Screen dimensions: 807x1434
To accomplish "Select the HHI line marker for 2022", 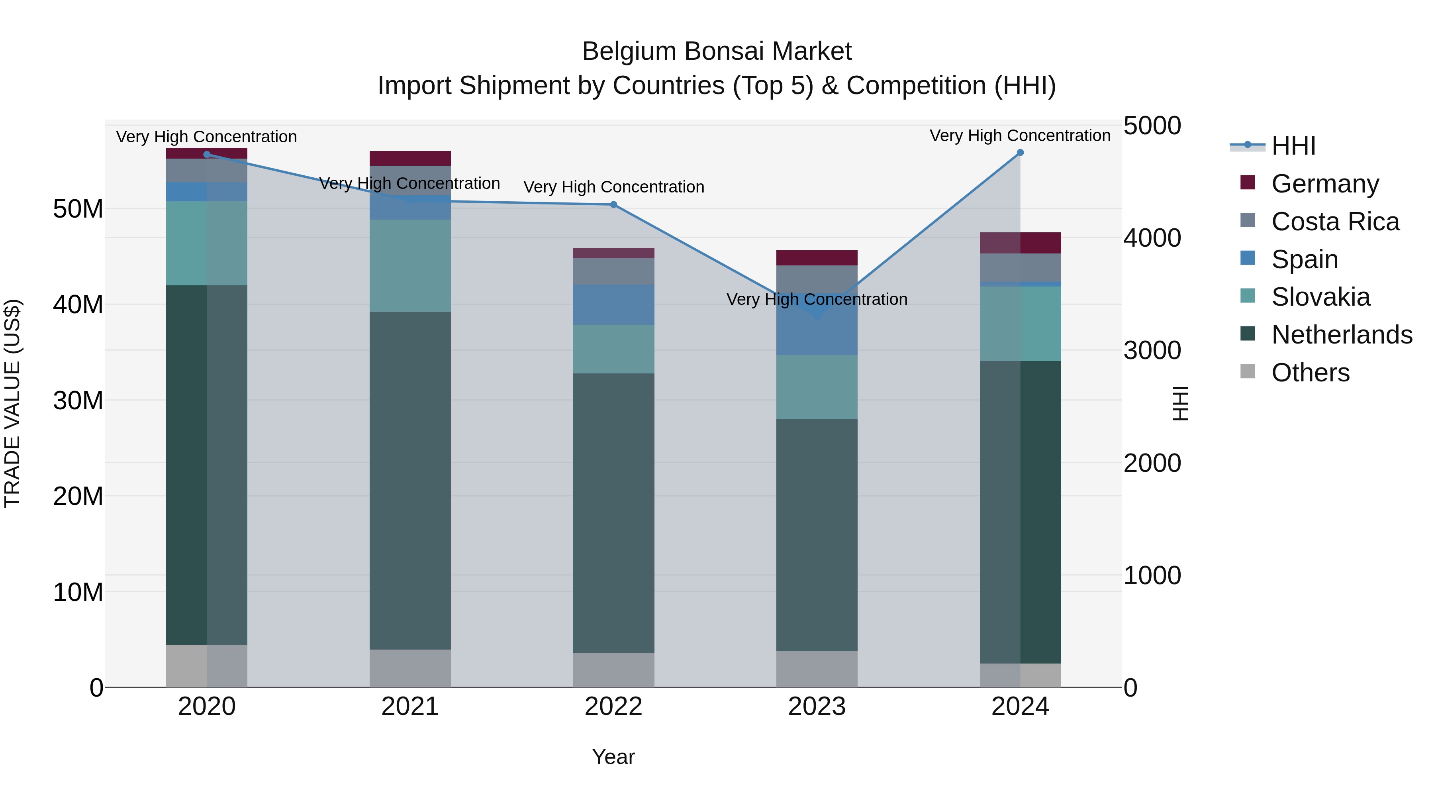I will [613, 205].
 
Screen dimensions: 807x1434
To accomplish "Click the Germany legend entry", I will [1325, 184].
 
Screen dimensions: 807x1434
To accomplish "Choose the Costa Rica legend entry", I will [1335, 222].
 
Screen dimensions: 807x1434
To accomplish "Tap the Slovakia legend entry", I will [1320, 297].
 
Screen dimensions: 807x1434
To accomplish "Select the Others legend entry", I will [1311, 373].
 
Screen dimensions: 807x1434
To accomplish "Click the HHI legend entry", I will [1293, 146].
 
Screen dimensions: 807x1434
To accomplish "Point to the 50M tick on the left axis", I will [78, 209].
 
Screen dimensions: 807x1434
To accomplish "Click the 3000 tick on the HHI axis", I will [1152, 351].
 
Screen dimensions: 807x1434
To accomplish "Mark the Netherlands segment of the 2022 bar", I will [613, 512].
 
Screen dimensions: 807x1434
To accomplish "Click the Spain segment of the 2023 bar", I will [817, 329].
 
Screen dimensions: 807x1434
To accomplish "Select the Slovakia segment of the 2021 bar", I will [410, 266].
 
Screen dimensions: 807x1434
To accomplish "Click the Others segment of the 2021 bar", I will [410, 668].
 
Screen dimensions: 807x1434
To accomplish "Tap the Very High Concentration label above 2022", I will [613, 187].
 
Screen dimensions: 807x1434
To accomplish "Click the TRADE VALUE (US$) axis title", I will [12, 403].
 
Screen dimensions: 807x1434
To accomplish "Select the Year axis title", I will [613, 757].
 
